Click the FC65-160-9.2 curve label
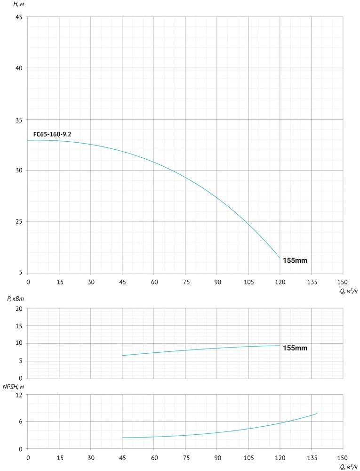tap(52, 135)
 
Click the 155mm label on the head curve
tap(295, 260)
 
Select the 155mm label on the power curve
tap(295, 348)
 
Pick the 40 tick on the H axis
tap(18, 68)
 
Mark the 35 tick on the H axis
tap(18, 119)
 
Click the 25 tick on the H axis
tap(18, 221)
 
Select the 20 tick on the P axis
tap(19, 309)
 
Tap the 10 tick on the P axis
tap(19, 343)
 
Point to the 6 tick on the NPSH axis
tap(21, 422)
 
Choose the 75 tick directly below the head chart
tap(185, 282)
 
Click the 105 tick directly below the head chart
tap(248, 282)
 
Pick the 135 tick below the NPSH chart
tap(312, 458)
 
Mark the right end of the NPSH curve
tap(317, 414)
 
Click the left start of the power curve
tap(122, 356)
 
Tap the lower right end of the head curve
tap(280, 258)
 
